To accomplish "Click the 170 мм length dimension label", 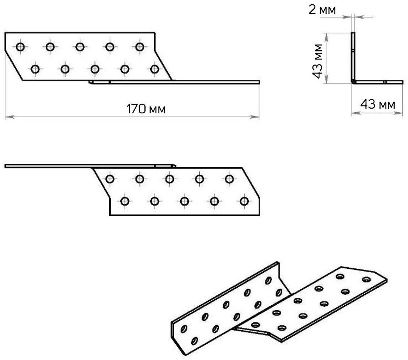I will tap(146, 109).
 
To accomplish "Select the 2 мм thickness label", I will tap(322, 10).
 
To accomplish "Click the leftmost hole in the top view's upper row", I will tap(20, 47).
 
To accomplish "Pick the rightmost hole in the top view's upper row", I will tap(140, 47).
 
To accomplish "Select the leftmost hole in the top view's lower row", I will tap(35, 68).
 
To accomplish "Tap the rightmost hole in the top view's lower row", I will tap(155, 68).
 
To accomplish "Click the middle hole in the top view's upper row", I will tap(80, 47).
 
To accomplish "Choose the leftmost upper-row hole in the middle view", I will tap(110, 179).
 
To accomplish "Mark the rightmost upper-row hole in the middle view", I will tap(229, 179).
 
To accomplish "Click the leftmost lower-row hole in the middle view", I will tap(125, 201).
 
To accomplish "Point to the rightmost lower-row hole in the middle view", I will tap(244, 201).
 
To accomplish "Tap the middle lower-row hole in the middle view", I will tap(184, 201).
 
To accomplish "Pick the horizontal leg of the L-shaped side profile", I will tap(378, 82).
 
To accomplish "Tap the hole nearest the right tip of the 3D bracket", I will tap(366, 280).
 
